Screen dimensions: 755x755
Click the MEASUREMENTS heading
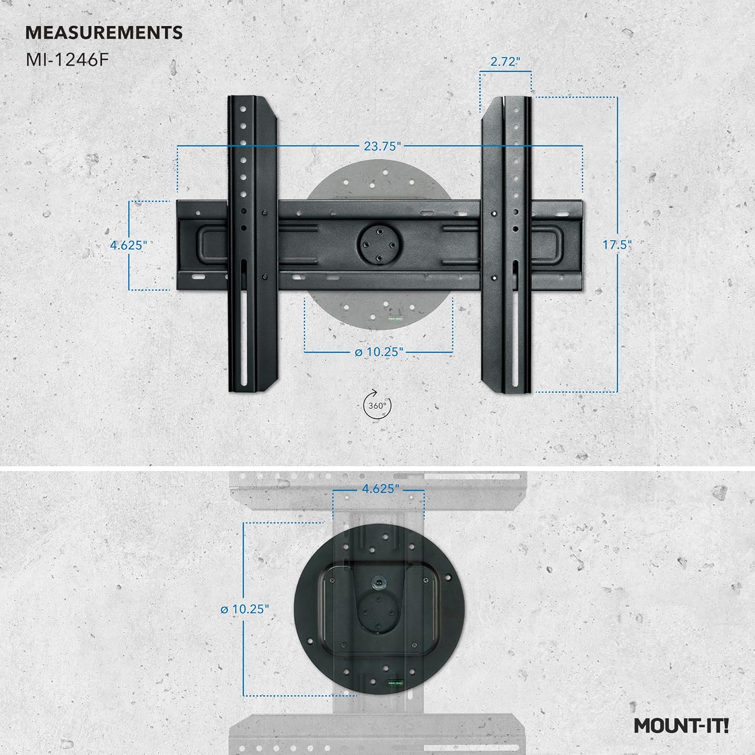pos(104,33)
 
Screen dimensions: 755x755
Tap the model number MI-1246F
pos(67,60)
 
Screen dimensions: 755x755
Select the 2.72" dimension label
pos(505,61)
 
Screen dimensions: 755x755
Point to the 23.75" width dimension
pos(383,146)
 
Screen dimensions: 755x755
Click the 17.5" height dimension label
pos(617,245)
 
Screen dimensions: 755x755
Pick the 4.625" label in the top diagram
pos(128,246)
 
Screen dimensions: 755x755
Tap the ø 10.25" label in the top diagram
pos(379,352)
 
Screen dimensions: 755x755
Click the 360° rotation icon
pos(377,405)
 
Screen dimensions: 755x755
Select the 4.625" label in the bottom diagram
pos(381,489)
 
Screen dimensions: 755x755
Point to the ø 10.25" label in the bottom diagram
pos(245,609)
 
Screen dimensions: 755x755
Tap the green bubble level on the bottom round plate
pos(395,684)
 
